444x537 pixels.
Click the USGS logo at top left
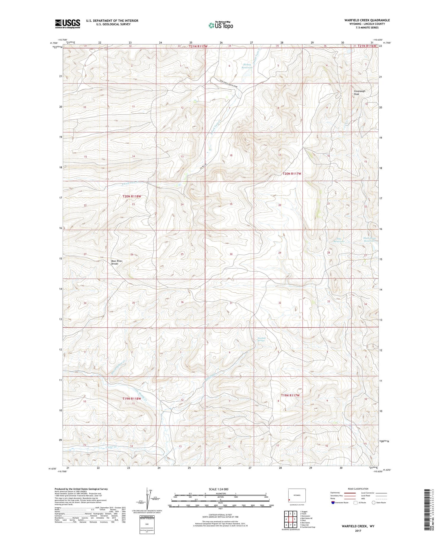(x=67, y=24)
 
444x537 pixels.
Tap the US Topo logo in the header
(x=221, y=25)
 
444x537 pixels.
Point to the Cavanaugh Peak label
(x=359, y=92)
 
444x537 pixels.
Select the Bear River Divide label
(x=117, y=262)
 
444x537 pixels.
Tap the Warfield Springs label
(x=261, y=339)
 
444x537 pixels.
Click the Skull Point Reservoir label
(x=369, y=239)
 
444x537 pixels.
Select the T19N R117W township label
(x=290, y=395)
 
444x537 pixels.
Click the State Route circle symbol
(x=373, y=503)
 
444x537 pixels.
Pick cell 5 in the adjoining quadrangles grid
(x=295, y=519)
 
